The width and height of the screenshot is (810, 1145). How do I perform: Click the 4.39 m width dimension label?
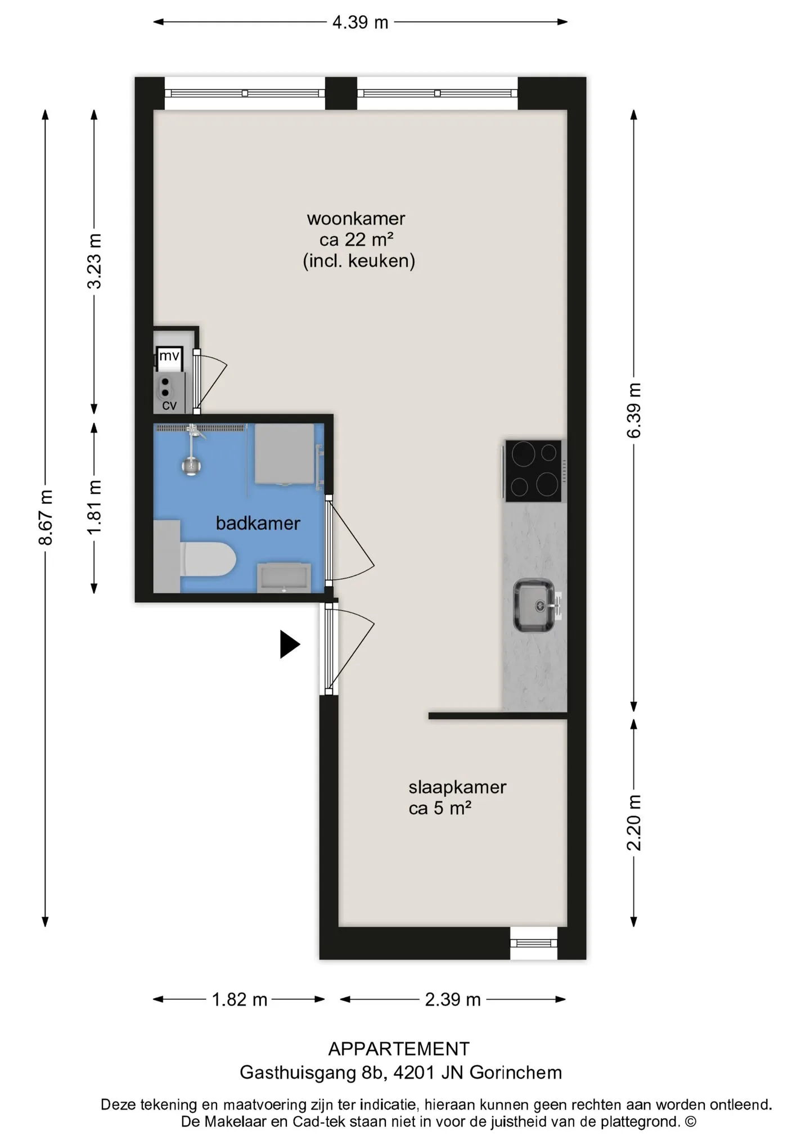(x=360, y=22)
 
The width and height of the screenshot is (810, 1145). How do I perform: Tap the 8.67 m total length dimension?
(x=46, y=517)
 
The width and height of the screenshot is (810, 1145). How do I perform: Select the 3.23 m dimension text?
(x=94, y=261)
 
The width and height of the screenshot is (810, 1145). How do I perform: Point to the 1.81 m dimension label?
(x=94, y=507)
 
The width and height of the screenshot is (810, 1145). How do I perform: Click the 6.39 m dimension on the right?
(x=634, y=410)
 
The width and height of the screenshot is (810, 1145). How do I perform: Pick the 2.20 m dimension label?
(x=634, y=823)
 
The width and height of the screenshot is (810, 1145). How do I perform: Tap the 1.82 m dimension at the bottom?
(x=239, y=999)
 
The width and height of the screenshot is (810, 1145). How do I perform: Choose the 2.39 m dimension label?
(x=453, y=999)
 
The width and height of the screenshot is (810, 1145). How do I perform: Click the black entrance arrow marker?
(x=290, y=644)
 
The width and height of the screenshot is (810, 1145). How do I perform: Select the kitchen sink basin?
(x=533, y=605)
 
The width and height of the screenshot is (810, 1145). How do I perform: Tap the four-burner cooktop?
(x=533, y=471)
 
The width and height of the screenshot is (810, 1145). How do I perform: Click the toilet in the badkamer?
(x=208, y=559)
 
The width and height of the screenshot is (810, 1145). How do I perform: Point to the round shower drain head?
(x=192, y=466)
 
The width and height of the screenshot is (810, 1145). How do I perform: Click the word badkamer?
(x=258, y=523)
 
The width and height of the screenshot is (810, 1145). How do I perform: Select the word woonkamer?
(x=356, y=218)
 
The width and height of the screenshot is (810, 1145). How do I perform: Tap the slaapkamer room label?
(x=457, y=787)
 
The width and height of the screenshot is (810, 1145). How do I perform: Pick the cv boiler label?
(x=169, y=405)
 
